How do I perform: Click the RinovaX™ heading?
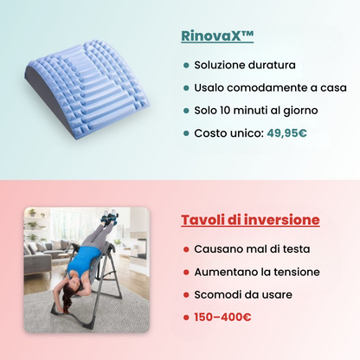point(218,37)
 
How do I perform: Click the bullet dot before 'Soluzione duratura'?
point(186,65)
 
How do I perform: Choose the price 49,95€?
point(286,133)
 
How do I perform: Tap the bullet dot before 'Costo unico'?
point(186,133)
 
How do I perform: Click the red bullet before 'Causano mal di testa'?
point(186,249)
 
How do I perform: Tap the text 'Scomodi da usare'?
point(242,294)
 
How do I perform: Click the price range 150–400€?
point(222,317)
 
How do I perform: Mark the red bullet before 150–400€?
point(186,317)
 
